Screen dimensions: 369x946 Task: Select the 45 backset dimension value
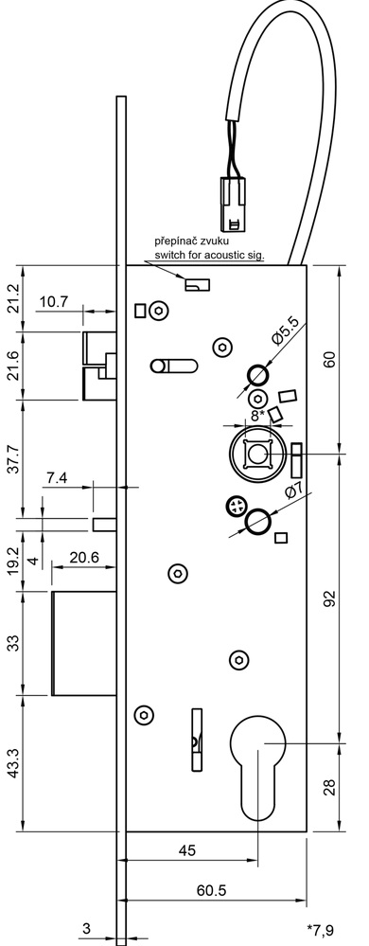point(188,850)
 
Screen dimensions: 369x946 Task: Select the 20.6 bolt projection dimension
point(84,558)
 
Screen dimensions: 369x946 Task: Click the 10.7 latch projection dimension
point(53,302)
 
